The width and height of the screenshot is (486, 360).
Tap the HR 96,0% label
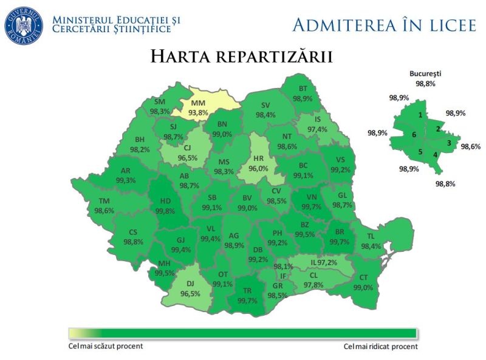coord(263,163)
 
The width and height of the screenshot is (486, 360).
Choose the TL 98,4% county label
coord(371,242)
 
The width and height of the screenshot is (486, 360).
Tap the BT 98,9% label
coord(303,93)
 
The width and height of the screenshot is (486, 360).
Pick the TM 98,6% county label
coord(104,206)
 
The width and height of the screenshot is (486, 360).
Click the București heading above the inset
coord(425,74)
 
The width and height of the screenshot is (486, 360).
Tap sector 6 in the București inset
coord(414,135)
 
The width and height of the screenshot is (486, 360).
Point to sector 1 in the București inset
coord(420,115)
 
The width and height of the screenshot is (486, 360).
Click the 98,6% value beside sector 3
coord(470,146)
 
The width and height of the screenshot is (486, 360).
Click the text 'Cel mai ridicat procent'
coord(380,347)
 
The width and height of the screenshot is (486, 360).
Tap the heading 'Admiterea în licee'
coord(384,25)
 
